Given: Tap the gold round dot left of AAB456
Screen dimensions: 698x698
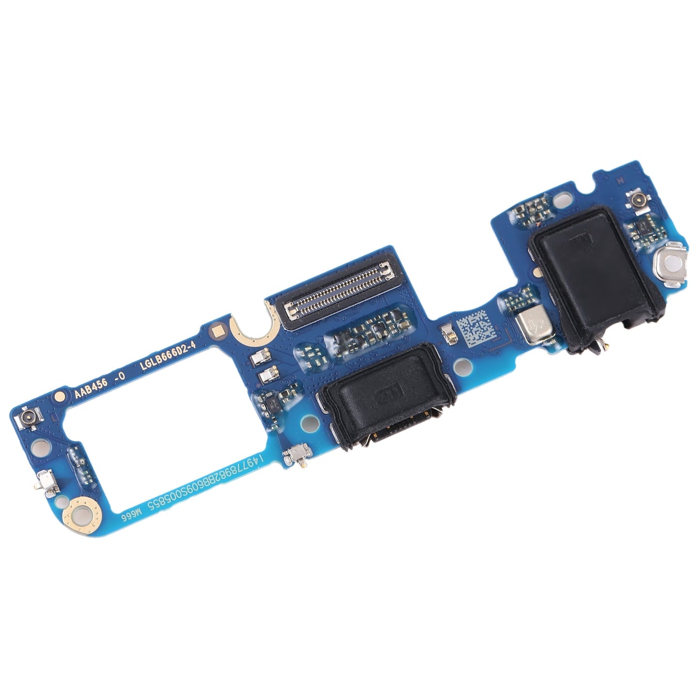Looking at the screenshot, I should tap(59, 397).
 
